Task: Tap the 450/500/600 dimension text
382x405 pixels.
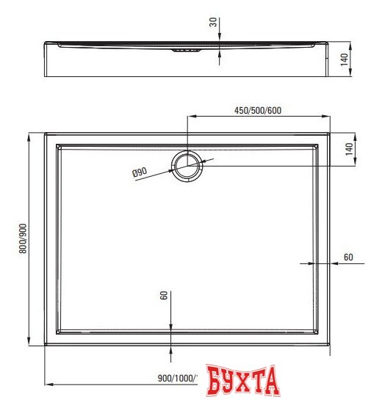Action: click(x=258, y=111)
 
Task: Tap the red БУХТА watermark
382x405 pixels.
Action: click(x=243, y=382)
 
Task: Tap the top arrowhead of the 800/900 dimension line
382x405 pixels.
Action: click(x=30, y=136)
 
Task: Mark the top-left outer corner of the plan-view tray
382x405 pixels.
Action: click(x=46, y=134)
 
